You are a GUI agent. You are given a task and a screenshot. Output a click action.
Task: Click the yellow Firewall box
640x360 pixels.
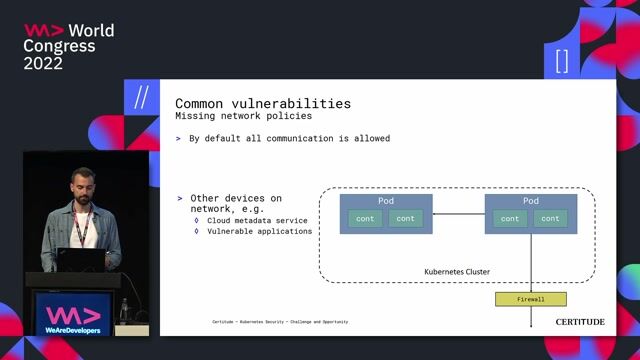530,299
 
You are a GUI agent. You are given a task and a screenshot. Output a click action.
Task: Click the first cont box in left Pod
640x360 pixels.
365,218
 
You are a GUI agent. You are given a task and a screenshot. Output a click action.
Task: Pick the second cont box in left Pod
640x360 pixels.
405,218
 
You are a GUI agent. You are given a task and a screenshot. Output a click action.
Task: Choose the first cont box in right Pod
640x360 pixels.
510,218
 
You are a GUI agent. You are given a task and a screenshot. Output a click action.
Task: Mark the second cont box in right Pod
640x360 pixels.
550,218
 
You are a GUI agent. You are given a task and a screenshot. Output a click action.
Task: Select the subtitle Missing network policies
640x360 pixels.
236,116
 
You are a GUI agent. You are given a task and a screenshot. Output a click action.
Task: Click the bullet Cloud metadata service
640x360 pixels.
257,220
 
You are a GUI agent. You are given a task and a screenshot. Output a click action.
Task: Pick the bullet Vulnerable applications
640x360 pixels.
259,231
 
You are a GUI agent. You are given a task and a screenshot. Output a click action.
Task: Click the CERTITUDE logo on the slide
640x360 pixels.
580,322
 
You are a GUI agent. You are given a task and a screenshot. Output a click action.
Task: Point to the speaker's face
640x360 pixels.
83,187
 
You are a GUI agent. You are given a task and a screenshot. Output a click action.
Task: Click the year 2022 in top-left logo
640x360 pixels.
43,63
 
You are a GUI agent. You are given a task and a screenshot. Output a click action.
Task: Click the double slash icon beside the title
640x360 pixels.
141,97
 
